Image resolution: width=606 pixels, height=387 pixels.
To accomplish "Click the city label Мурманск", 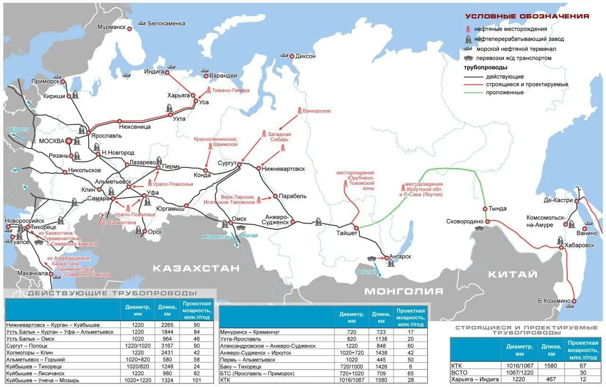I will pyautogui.click(x=112, y=27).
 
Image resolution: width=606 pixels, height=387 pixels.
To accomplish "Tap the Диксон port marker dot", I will pyautogui.click(x=292, y=56).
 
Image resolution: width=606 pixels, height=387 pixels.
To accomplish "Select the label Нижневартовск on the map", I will pyautogui.click(x=284, y=169).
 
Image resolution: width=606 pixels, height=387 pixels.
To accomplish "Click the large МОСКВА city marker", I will pyautogui.click(x=69, y=141).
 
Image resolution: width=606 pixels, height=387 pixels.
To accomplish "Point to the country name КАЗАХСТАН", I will pyautogui.click(x=196, y=269).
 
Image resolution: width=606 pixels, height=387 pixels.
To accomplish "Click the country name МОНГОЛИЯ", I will pyautogui.click(x=403, y=291).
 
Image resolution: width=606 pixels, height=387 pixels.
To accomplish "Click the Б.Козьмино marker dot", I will pyautogui.click(x=574, y=301).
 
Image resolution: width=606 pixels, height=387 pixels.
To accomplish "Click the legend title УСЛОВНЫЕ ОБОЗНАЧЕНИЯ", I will pyautogui.click(x=526, y=16).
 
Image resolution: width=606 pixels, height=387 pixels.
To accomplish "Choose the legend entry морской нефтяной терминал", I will pyautogui.click(x=516, y=49).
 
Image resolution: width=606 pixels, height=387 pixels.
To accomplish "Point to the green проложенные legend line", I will pyautogui.click(x=474, y=93).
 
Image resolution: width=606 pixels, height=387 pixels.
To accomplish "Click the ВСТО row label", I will pyautogui.click(x=460, y=372).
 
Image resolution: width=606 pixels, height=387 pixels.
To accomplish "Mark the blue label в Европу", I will pyautogui.click(x=18, y=129).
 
